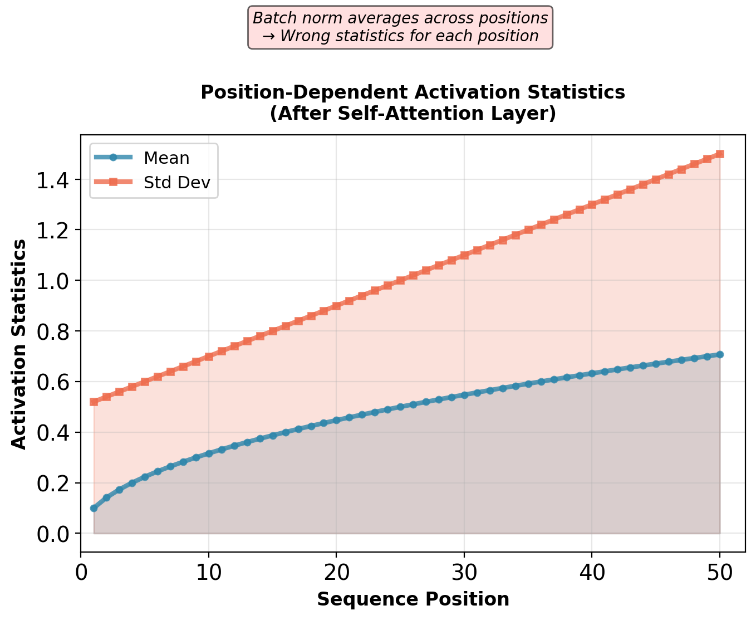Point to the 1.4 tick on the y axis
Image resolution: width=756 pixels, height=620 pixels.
coord(55,180)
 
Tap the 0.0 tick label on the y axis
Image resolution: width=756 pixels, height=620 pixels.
coord(55,534)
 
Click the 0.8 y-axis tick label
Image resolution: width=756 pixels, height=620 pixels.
coord(55,331)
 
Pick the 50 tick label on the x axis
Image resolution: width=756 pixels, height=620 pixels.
coord(719,573)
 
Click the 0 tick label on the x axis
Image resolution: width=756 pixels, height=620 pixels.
coord(81,573)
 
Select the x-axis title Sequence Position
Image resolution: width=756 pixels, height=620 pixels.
coord(413,599)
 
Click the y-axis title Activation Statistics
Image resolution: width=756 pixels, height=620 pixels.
coord(19,344)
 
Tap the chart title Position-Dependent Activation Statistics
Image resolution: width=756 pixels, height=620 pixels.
coord(413,92)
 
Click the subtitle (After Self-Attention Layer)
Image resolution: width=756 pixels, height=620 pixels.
coord(413,114)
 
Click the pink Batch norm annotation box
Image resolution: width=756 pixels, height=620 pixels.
coord(400,27)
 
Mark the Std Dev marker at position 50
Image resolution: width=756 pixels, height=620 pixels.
coord(719,154)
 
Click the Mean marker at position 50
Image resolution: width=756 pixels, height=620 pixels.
coord(719,354)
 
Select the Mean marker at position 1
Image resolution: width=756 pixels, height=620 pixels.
coord(94,508)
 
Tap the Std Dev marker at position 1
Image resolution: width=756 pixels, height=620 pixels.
coord(94,402)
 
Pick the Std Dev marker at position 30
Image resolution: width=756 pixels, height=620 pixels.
coord(464,255)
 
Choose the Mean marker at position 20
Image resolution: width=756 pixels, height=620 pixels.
coord(336,420)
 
